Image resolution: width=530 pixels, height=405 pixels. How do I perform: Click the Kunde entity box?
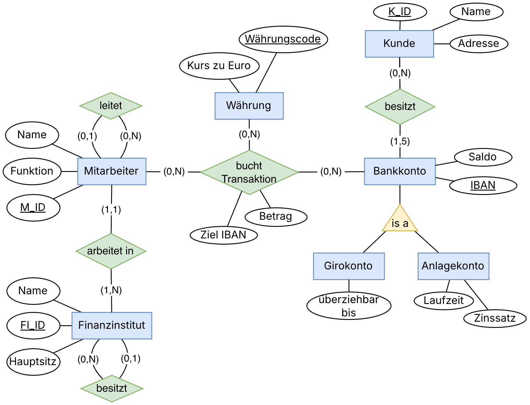tap(399, 44)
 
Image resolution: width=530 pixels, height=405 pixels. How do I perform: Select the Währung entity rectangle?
tap(249, 106)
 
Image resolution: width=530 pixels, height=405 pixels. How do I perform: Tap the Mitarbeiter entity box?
tap(112, 171)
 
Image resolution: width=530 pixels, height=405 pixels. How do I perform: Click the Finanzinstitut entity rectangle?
tap(112, 326)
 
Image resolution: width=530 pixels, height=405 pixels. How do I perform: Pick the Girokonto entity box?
tap(349, 266)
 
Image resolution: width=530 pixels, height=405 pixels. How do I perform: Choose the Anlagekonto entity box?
tap(453, 266)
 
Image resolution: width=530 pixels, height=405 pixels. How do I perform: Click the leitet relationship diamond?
tap(111, 106)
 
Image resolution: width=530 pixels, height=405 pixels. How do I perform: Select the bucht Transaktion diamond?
tap(249, 173)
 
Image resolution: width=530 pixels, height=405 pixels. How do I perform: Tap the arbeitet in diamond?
tap(111, 251)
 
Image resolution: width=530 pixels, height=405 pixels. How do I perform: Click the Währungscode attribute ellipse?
tap(283, 39)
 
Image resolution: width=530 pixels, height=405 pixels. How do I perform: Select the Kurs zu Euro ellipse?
tap(219, 66)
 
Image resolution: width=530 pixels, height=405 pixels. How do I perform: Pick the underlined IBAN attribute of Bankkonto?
tap(483, 186)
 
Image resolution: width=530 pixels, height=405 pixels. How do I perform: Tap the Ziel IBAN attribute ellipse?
tap(224, 235)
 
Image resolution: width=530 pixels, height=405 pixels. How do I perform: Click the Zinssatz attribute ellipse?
tap(495, 318)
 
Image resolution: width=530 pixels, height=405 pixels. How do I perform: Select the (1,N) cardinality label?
tap(111, 290)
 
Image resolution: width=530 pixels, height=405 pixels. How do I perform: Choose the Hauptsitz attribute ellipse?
tap(33, 362)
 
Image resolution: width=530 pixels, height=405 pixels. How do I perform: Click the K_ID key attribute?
tap(400, 12)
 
